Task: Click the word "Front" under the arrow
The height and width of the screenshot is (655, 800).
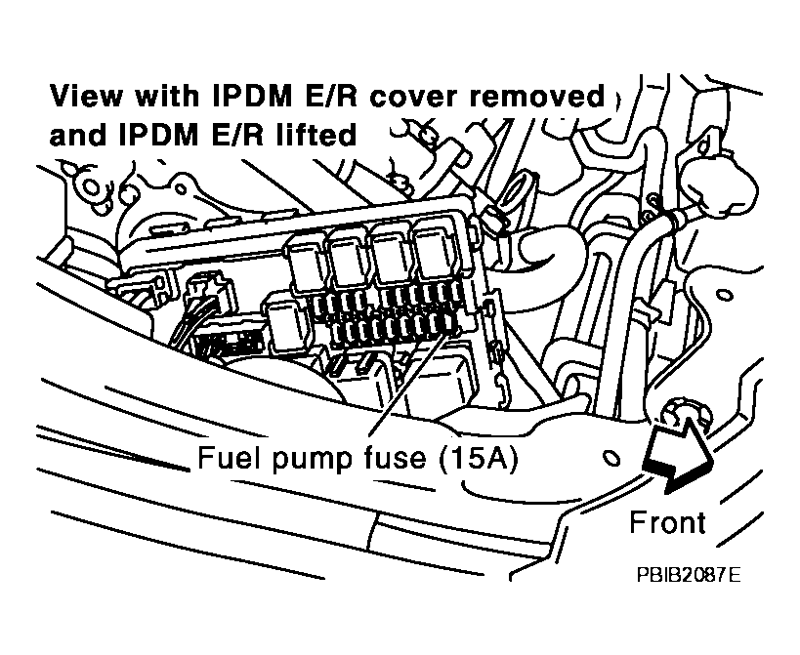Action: tap(667, 522)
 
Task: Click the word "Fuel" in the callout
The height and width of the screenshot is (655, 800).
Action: tap(224, 458)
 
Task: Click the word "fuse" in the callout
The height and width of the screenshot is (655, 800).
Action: tap(380, 458)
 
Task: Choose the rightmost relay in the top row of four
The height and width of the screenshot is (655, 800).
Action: tap(436, 251)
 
